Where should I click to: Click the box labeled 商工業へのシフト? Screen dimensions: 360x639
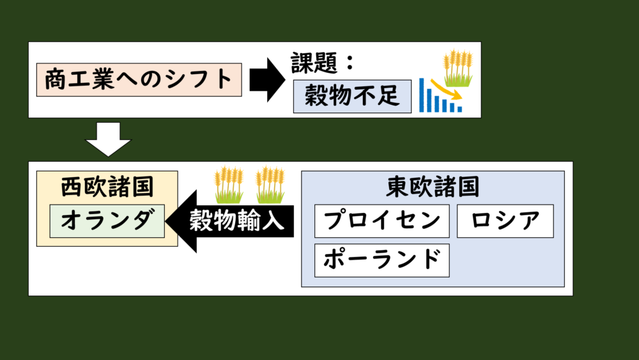click(x=139, y=80)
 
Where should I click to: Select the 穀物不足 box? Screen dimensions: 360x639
click(x=351, y=97)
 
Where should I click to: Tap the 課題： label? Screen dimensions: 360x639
click(x=323, y=65)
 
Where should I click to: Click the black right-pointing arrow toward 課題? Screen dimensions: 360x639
click(x=266, y=79)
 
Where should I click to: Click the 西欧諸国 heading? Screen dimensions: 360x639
click(x=107, y=187)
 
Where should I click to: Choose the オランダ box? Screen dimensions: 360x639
click(x=107, y=221)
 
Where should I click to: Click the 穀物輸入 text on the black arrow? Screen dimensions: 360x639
click(x=236, y=222)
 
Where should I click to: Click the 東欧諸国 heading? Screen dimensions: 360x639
click(x=433, y=187)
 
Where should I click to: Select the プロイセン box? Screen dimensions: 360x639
click(x=381, y=221)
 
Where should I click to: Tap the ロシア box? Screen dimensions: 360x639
click(x=505, y=221)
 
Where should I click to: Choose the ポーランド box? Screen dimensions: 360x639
click(x=381, y=260)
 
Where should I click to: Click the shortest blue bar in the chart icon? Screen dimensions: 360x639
click(x=459, y=109)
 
